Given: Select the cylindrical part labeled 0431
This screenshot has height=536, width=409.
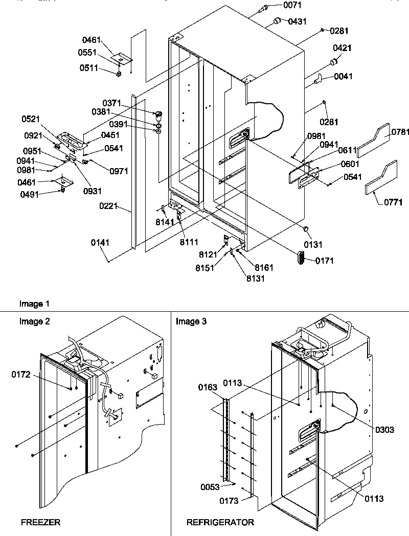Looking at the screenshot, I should (277, 21).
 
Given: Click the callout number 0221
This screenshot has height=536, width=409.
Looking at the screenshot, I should (109, 207).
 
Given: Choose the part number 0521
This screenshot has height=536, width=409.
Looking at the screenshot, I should (31, 119).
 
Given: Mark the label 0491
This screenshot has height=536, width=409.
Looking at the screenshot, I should (30, 194).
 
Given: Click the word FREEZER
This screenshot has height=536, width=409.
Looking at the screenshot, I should (41, 522).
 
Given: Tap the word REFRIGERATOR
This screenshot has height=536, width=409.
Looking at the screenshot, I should (220, 522).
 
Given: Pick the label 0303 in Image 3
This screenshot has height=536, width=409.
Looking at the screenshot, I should (384, 430).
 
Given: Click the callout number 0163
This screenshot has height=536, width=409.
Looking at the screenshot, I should (208, 387).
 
